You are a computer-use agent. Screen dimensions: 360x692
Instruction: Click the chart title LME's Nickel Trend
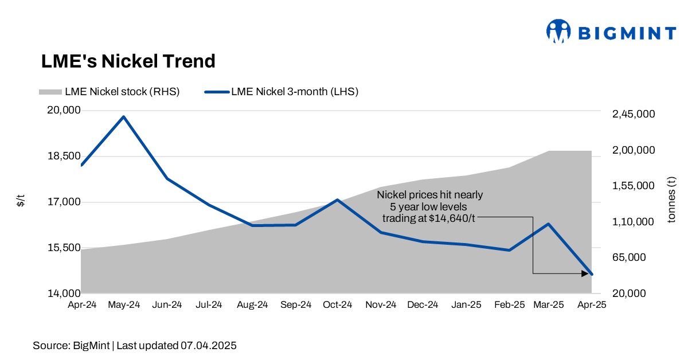pyautogui.click(x=128, y=61)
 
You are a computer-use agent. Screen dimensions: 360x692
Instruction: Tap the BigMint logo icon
pyautogui.click(x=558, y=32)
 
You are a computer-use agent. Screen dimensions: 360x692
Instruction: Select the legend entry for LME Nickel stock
pyautogui.click(x=109, y=91)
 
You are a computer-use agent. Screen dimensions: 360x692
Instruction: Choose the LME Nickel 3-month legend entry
pyautogui.click(x=282, y=91)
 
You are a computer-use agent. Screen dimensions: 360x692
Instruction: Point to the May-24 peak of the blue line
pyautogui.click(x=124, y=117)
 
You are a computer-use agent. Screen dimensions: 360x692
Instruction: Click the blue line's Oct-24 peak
pyautogui.click(x=338, y=199)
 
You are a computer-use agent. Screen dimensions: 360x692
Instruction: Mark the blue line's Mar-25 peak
pyautogui.click(x=549, y=224)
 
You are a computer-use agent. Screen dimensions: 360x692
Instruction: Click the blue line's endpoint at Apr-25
pyautogui.click(x=591, y=274)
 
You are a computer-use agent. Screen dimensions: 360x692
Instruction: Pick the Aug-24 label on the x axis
pyautogui.click(x=253, y=305)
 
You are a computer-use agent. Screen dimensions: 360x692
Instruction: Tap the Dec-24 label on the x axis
pyautogui.click(x=423, y=305)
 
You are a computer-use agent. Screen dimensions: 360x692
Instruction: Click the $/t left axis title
pyautogui.click(x=21, y=201)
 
